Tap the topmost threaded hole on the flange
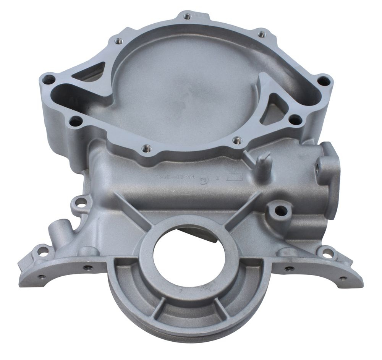click(187, 16)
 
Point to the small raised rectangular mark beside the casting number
click(235, 177)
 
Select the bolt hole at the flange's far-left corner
click(49, 80)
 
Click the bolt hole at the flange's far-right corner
click(323, 81)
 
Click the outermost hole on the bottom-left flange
click(42, 276)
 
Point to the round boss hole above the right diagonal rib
click(281, 209)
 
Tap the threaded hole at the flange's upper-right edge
click(262, 34)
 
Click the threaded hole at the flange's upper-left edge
click(118, 40)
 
